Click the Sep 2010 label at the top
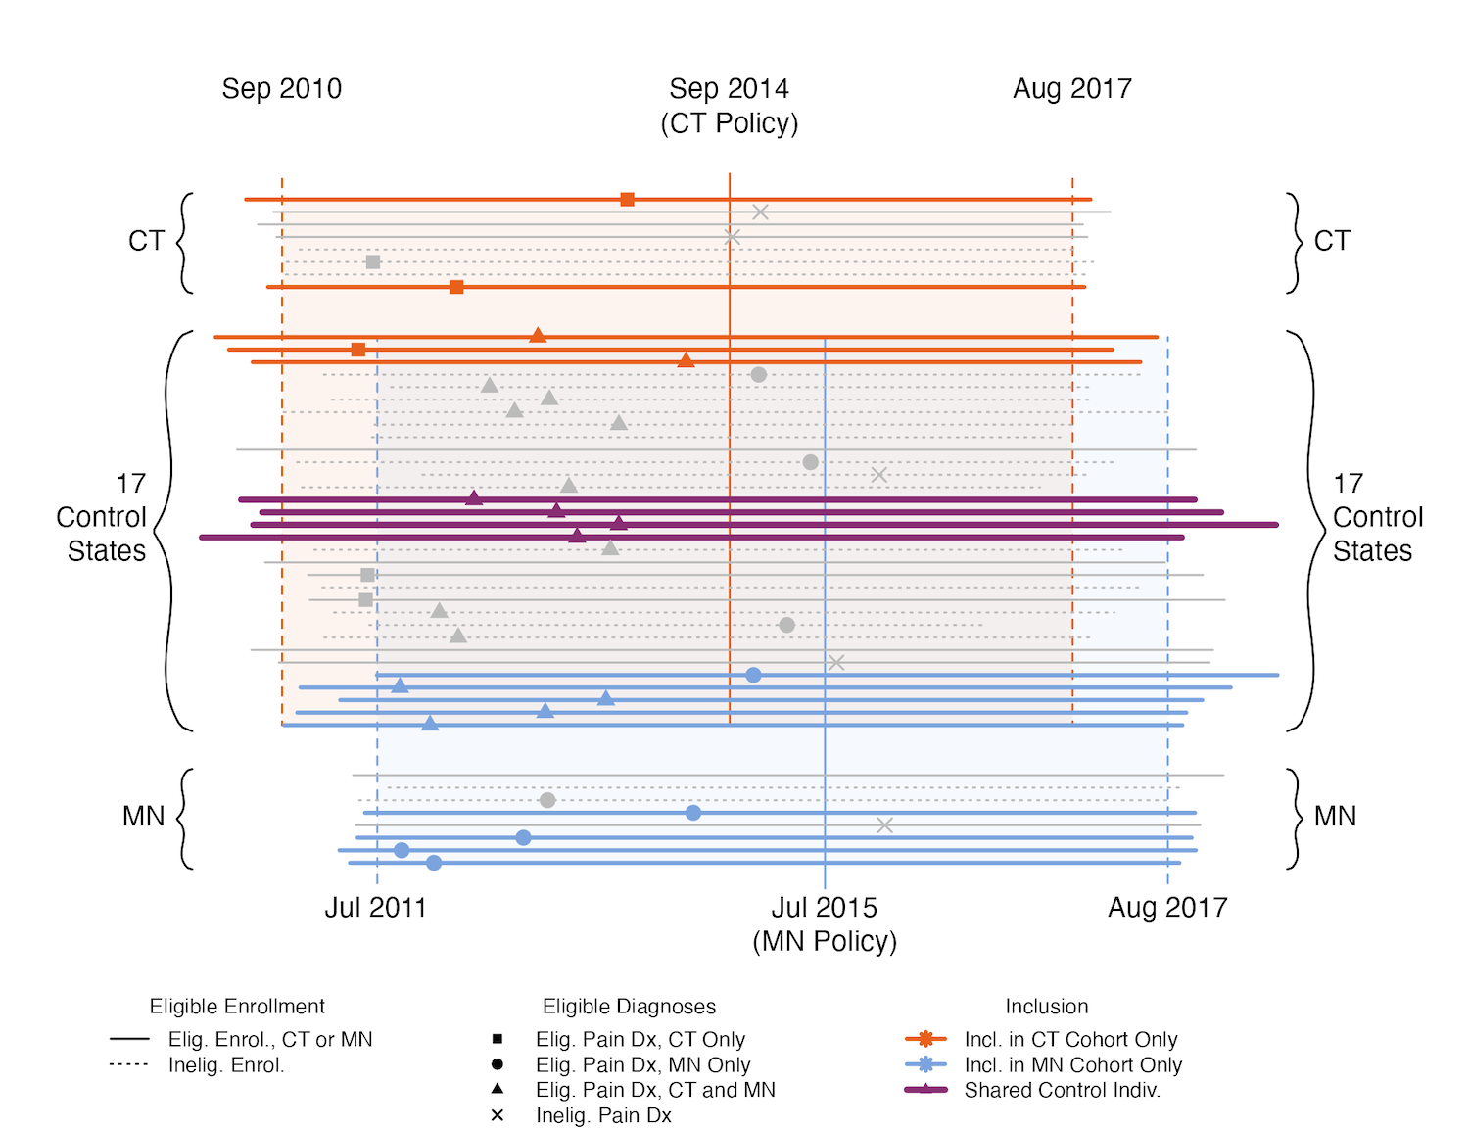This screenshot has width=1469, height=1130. click(282, 89)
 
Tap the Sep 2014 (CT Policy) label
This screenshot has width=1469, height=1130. click(730, 106)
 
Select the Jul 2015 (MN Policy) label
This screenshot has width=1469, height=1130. click(825, 923)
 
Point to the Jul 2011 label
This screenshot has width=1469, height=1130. click(376, 908)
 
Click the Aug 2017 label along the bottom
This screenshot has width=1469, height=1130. click(1167, 908)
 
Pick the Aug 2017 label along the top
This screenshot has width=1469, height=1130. click(1072, 89)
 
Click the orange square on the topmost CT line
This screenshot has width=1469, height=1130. click(628, 200)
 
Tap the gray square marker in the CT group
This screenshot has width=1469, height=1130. click(373, 262)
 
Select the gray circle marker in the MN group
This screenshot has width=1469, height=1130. click(547, 800)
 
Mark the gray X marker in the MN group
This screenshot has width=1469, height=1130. click(884, 825)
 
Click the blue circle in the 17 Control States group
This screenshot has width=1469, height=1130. click(753, 675)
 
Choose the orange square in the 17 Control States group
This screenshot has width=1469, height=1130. click(358, 350)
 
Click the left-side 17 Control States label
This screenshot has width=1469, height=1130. click(102, 517)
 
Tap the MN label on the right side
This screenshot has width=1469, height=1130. click(1335, 817)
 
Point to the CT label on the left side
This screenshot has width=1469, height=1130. click(146, 241)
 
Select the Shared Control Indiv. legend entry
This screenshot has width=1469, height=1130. click(1062, 1090)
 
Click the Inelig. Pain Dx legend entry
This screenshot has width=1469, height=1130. click(603, 1115)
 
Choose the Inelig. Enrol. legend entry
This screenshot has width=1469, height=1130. click(226, 1065)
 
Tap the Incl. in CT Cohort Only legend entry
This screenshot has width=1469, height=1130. click(1070, 1039)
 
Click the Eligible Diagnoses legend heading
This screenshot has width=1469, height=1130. click(629, 1007)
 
